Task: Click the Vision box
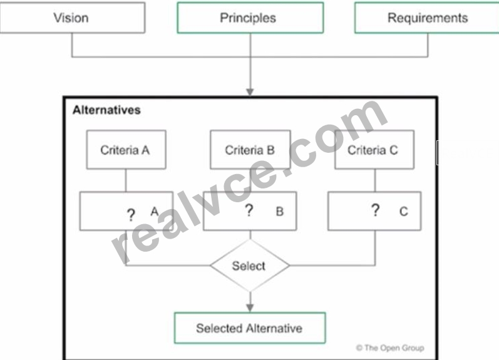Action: coord(73,18)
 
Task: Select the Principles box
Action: coord(250,18)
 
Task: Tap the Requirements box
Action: coord(427,18)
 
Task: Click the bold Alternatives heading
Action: coord(106,110)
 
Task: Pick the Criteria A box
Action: coord(126,150)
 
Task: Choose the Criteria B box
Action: coord(250,150)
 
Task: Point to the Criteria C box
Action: coord(374,150)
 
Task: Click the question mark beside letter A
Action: coord(131,215)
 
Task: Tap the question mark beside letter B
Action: coord(249,210)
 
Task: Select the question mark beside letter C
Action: coord(376,210)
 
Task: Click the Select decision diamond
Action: coord(250,265)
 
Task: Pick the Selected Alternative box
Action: coord(250,328)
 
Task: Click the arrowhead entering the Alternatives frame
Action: coord(250,92)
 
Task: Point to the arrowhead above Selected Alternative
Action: coord(250,308)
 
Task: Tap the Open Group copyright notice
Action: coord(390,348)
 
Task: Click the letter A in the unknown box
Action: coord(155,212)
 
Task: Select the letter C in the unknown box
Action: coord(404,212)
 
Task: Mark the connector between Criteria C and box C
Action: coord(375,180)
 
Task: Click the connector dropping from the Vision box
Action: coord(72,45)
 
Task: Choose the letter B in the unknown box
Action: coord(280,212)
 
